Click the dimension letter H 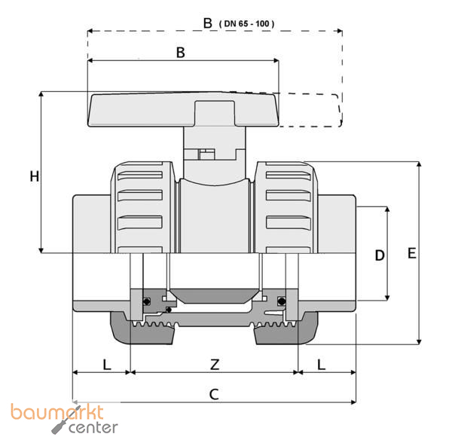point(35,176)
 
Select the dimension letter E point(411,253)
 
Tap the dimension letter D point(380,255)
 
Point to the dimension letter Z point(215,365)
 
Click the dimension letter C point(214,394)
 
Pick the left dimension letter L point(107,365)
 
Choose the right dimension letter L point(322,365)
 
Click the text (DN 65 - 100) point(247,23)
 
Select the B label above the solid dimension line point(181,53)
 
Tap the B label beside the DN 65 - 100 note point(208,23)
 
